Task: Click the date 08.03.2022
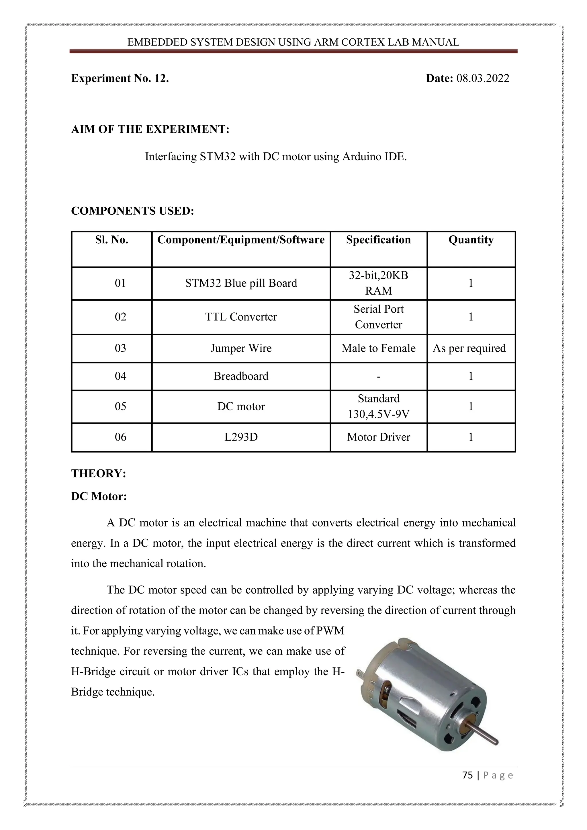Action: [x=483, y=79]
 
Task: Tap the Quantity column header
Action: [x=471, y=240]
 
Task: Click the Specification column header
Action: [x=378, y=240]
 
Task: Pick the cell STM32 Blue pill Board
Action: [x=241, y=283]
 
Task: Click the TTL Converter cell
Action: [x=241, y=317]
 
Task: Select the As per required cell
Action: [x=469, y=349]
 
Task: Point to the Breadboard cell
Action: [x=241, y=376]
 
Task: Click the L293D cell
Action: [x=241, y=437]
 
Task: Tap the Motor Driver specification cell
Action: [x=378, y=437]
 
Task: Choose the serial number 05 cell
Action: [x=120, y=407]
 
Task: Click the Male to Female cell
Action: [x=378, y=349]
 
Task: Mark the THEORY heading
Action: [x=98, y=473]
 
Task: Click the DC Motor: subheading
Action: [x=99, y=496]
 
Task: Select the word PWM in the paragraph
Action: [x=330, y=631]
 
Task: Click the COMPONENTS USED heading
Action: [x=132, y=211]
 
